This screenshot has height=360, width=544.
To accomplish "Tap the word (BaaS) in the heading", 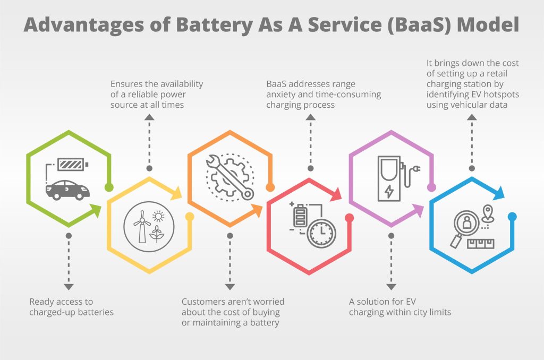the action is pos(419,25).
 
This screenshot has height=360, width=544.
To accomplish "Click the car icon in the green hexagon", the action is pos(67,190).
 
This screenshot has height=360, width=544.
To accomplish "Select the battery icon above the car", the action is pos(73,165).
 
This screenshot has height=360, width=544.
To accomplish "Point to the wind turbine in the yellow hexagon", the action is pos(142,227).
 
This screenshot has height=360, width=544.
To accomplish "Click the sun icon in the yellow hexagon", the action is pos(158,216).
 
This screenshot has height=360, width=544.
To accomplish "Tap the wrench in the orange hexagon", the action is pos(229,177).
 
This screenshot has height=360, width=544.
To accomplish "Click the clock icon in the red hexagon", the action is pos(321,233).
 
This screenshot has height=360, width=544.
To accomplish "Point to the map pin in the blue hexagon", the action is pos(488,213).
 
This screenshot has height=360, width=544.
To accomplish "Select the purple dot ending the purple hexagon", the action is pos(431,187).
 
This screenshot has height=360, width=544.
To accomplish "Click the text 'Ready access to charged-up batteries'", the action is pos(72,307).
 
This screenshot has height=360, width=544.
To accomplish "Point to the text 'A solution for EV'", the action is pos(382,302).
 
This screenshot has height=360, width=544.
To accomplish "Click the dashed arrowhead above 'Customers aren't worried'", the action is pos(229,287).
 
